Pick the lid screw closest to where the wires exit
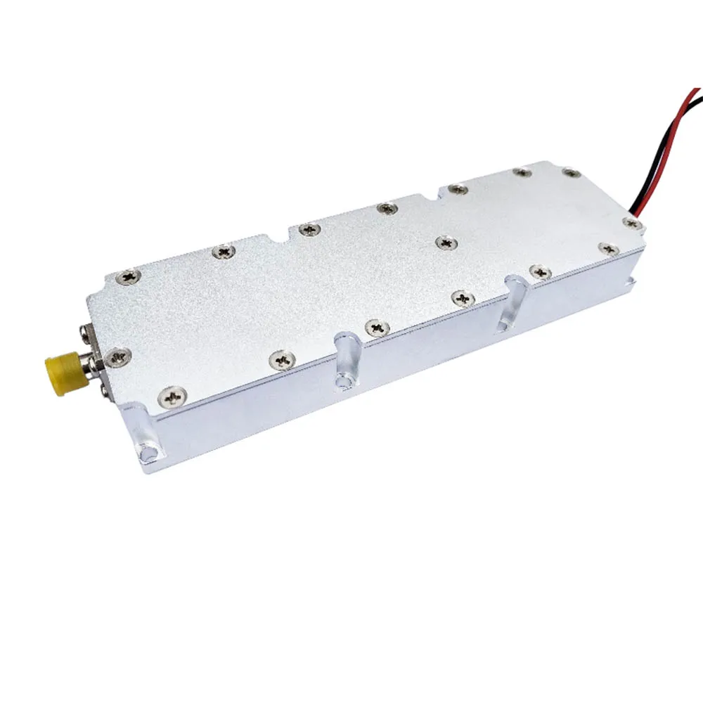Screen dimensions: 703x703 (x=631, y=224)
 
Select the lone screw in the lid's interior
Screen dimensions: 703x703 (x=445, y=243)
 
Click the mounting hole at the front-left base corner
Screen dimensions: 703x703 (x=146, y=453)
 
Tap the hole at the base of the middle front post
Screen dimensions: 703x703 (x=343, y=381)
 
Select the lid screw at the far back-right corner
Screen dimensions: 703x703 (x=572, y=173)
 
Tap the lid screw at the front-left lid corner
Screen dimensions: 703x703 (x=172, y=398)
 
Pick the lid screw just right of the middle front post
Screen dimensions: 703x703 (x=378, y=327)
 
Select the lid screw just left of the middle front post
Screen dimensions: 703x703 (x=283, y=361)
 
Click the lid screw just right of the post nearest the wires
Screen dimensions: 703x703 (x=539, y=271)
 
